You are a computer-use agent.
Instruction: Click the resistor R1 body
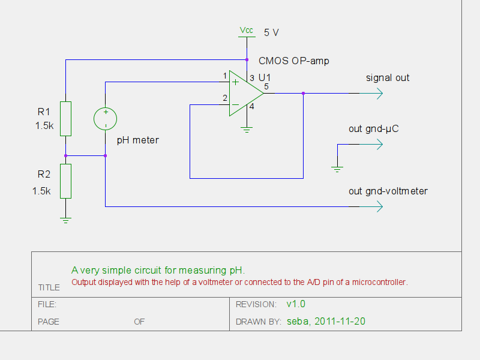pos(66,118)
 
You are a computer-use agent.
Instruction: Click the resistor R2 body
pos(66,181)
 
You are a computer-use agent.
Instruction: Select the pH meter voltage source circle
pos(106,118)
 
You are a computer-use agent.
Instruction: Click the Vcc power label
pos(246,30)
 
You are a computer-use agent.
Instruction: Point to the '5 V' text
pos(271,33)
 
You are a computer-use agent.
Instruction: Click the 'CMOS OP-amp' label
pos(293,61)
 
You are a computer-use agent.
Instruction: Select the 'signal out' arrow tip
pos(380,94)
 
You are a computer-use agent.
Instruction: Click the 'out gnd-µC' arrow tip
pos(380,144)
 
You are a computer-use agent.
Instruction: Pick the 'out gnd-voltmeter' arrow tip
pos(380,206)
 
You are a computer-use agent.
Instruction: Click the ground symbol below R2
pos(66,220)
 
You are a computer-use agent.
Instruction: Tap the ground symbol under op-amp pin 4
pos(246,128)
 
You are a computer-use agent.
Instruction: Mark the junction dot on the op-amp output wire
pos(303,94)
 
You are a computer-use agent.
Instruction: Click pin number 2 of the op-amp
pos(225,98)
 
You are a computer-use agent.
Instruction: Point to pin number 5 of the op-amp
pos(266,87)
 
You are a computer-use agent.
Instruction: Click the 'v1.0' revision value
pos(296,304)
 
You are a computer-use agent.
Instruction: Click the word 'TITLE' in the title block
pos(49,287)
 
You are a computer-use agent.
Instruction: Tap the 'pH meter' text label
pos(137,140)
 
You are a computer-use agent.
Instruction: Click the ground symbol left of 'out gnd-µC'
pos(337,169)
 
